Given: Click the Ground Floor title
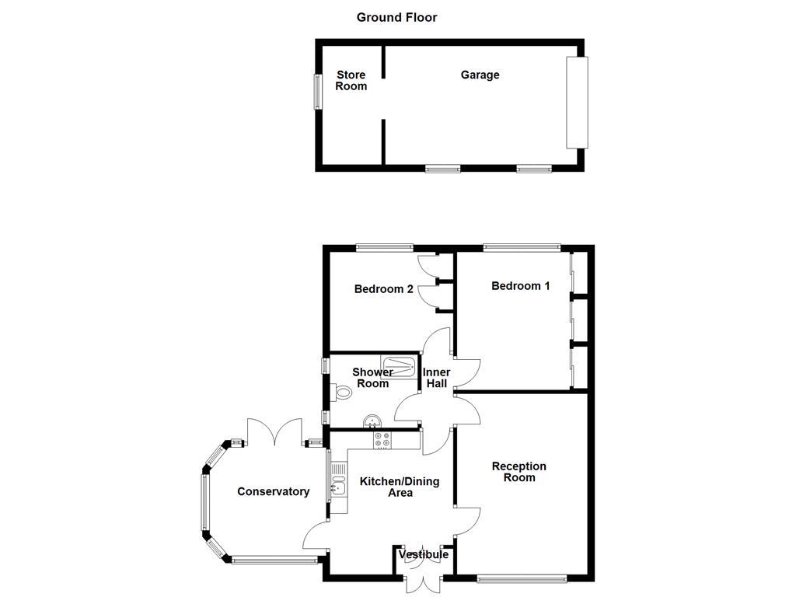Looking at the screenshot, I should [396, 17].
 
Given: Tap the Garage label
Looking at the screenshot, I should [480, 75].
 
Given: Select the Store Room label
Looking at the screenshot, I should [351, 81].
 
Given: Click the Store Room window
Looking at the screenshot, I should [317, 92].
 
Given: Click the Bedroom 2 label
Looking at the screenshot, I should [383, 289].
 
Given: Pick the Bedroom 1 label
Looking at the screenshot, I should [520, 286].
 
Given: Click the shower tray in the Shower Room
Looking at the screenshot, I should [399, 365].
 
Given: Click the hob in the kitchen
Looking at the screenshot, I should [382, 440].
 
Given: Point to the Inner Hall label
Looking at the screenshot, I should [436, 378].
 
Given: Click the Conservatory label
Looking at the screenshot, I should [273, 491].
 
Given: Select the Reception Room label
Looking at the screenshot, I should [518, 472].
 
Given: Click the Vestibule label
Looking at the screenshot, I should [424, 555].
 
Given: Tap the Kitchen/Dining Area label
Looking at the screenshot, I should [400, 487].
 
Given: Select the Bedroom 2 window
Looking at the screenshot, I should [385, 248].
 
